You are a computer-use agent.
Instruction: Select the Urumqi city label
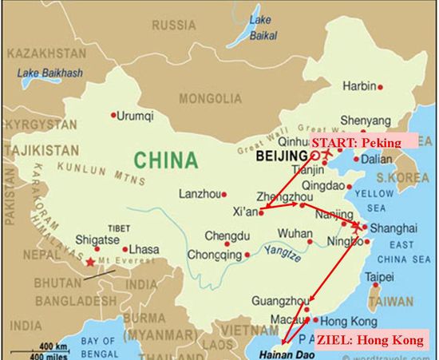point(133,116)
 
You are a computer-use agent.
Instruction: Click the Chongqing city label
point(212,255)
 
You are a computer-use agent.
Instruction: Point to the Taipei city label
point(380,277)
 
